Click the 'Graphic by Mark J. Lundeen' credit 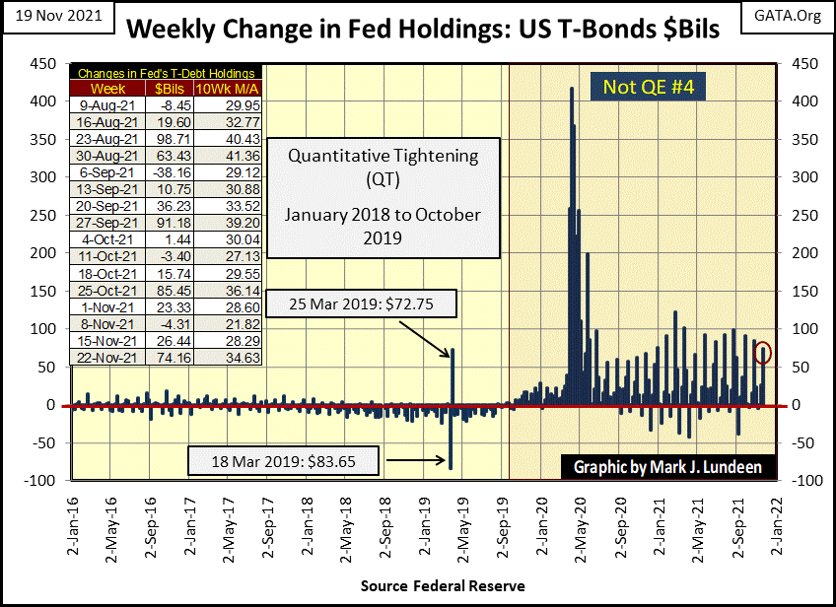click(x=666, y=466)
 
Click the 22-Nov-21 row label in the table click(x=105, y=358)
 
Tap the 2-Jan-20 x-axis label click(x=541, y=528)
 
